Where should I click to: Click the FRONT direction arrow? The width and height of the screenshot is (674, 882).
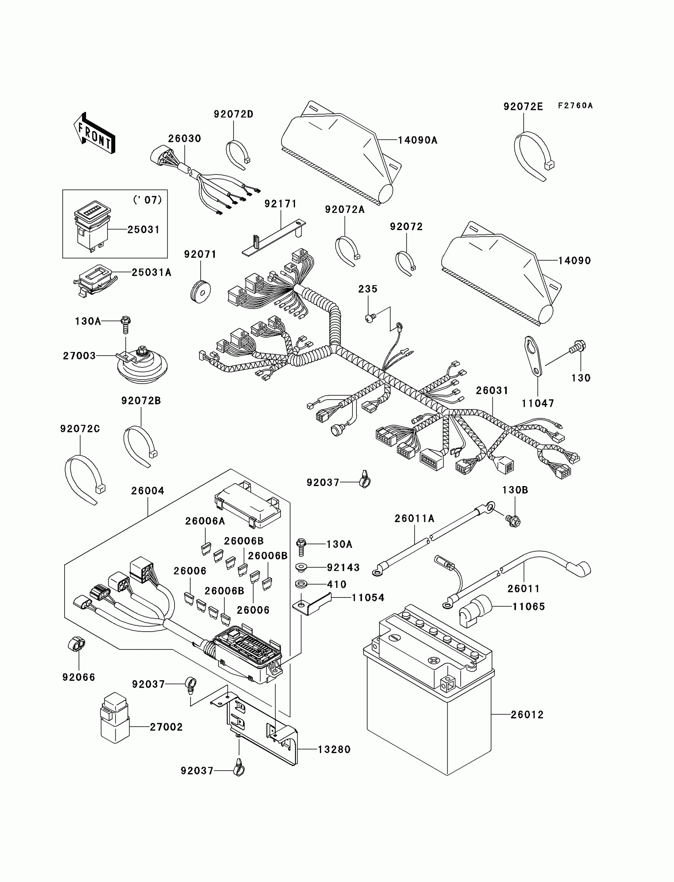pos(95,134)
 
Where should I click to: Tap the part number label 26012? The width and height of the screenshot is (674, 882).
pos(527,715)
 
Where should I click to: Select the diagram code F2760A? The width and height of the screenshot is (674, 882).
pos(575,106)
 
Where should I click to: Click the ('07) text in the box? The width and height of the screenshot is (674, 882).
pos(147,200)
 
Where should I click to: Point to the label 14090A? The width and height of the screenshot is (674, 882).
pos(417,140)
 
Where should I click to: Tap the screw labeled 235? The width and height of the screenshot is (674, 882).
pos(370,318)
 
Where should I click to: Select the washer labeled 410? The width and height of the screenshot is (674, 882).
pos(301,583)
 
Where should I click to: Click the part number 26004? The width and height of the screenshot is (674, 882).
pos(147,490)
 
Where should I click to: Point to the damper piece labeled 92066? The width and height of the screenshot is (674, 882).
pos(76,644)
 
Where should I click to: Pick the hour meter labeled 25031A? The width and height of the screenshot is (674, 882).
pos(96,279)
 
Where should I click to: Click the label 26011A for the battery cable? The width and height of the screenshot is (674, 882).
pos(414,519)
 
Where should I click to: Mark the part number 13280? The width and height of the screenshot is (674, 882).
pos(334,749)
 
